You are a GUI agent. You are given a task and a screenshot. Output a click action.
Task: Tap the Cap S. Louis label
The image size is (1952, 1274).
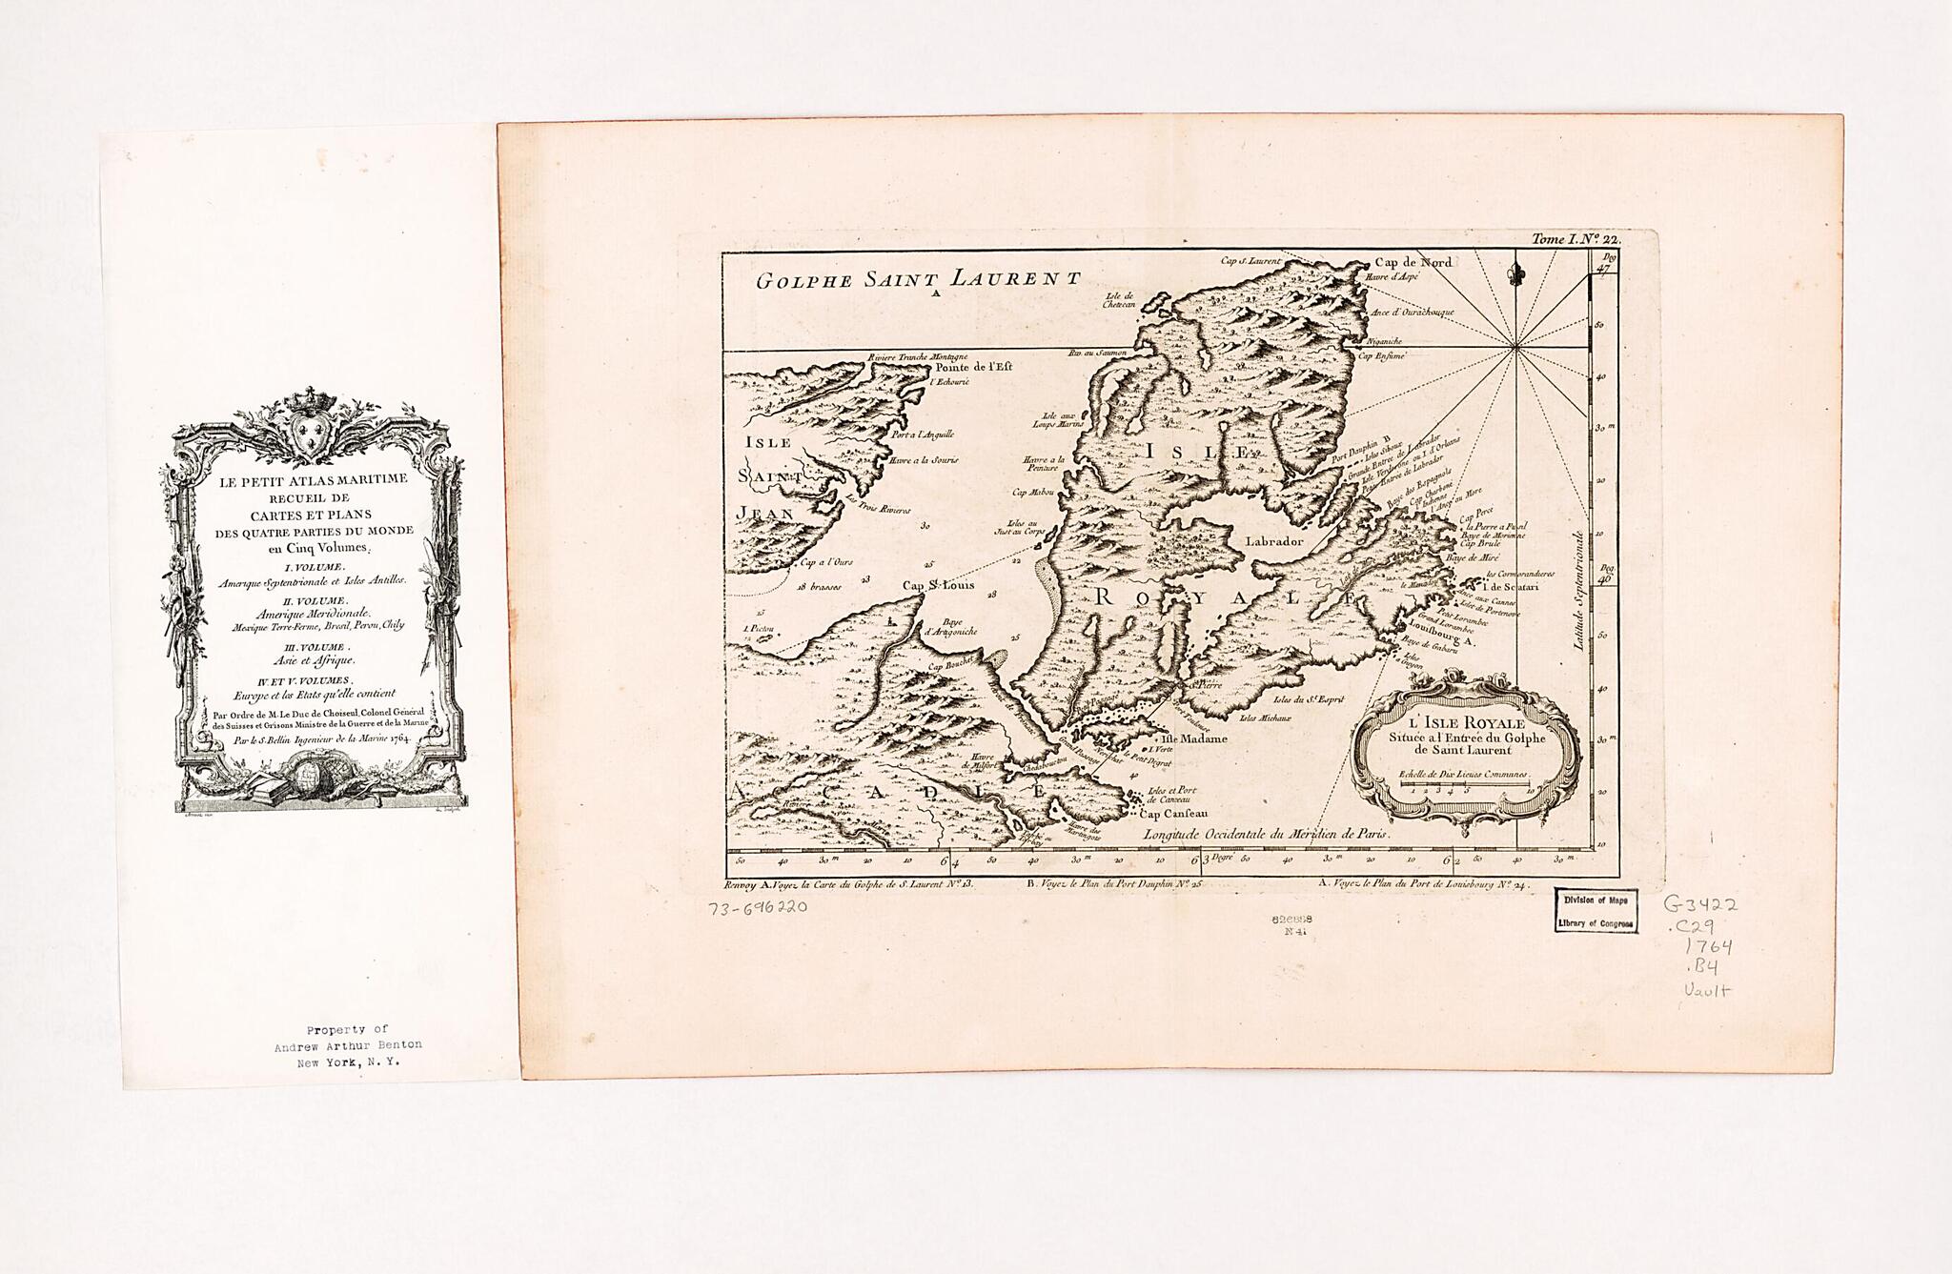[x=939, y=586]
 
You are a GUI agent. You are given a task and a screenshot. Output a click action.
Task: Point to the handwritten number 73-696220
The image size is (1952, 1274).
[x=759, y=908]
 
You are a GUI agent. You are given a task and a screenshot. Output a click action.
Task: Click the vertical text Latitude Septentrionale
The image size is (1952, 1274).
[x=1578, y=591]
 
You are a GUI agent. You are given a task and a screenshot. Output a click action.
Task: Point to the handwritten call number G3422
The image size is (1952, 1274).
[x=1700, y=903]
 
